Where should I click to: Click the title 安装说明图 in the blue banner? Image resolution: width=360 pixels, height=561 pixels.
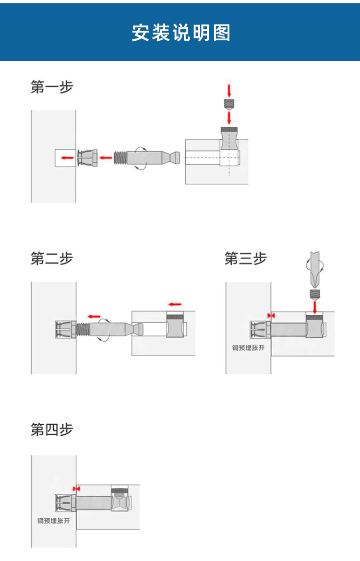[180, 33]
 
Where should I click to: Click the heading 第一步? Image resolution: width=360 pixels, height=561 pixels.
[52, 87]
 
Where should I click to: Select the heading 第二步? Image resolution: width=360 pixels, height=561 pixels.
[52, 259]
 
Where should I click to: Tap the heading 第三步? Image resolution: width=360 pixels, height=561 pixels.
[245, 259]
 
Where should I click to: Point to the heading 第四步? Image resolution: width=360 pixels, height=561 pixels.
[52, 430]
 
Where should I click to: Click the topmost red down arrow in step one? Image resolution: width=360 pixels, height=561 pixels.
[229, 90]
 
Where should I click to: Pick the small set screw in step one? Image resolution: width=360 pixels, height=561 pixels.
[229, 103]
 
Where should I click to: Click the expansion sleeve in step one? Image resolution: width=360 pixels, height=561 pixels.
[88, 157]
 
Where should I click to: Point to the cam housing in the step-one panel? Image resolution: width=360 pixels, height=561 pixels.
[229, 146]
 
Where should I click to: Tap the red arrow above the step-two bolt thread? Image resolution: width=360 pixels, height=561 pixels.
[94, 317]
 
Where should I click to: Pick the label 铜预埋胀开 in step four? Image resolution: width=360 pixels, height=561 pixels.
[54, 521]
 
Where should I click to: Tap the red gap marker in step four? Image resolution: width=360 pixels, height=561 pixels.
[76, 488]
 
